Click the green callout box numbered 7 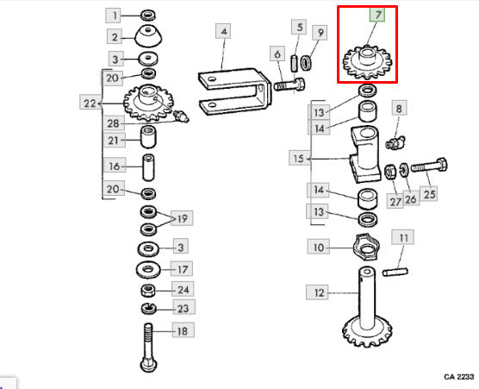tap(377, 15)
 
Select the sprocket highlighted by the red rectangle tap(367, 63)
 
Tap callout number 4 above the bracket tap(223, 31)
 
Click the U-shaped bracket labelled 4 tap(234, 91)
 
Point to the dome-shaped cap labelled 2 tap(148, 37)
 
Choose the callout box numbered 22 tap(90, 102)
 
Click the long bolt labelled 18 tap(149, 348)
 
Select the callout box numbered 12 tap(317, 292)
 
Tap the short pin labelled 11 tap(395, 272)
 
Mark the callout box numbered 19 tap(182, 218)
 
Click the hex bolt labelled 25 tap(429, 166)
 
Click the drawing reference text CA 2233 tap(459, 377)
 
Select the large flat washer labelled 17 tap(148, 270)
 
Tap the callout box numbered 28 tap(114, 123)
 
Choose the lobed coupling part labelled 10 tap(366, 247)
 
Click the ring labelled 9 tap(307, 62)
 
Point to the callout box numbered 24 tap(183, 289)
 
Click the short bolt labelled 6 tap(289, 85)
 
